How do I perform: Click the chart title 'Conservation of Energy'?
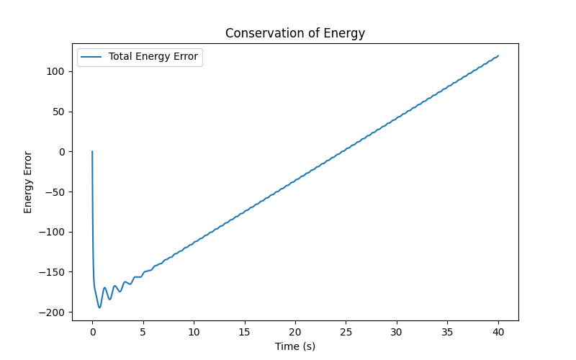[x=295, y=33]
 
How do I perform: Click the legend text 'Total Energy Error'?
[x=153, y=57]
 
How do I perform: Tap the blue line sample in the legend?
[x=91, y=57]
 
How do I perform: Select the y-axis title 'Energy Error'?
[x=28, y=182]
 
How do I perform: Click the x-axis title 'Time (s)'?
[x=295, y=346]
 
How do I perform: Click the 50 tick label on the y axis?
[x=59, y=112]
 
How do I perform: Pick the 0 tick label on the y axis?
[x=62, y=152]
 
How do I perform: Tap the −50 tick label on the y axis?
[x=56, y=192]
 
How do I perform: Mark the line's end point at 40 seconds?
[x=498, y=55]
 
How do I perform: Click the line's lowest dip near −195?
[x=99, y=307]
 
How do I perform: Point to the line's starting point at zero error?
[x=92, y=151]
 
